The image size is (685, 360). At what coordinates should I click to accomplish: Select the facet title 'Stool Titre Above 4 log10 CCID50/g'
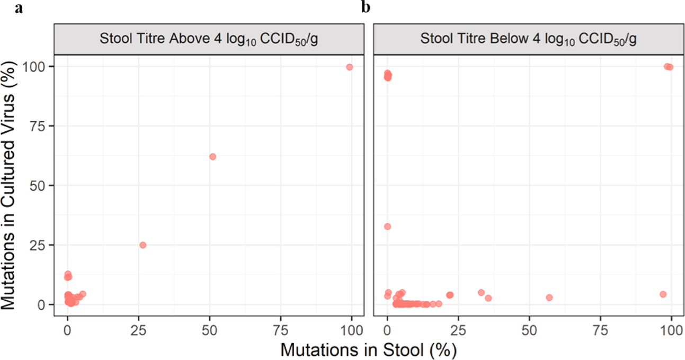(x=209, y=39)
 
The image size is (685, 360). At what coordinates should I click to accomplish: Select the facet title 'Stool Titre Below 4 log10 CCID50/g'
(x=528, y=39)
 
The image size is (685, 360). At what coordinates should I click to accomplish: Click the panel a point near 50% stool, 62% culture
(x=212, y=157)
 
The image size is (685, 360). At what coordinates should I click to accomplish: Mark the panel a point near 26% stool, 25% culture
(x=143, y=245)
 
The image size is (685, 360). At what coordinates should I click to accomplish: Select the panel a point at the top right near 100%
(x=349, y=67)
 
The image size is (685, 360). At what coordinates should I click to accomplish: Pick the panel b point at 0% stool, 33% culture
(x=387, y=227)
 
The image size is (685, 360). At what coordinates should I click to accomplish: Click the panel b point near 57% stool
(x=549, y=298)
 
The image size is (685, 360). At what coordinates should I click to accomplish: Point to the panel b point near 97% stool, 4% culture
(x=663, y=294)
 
